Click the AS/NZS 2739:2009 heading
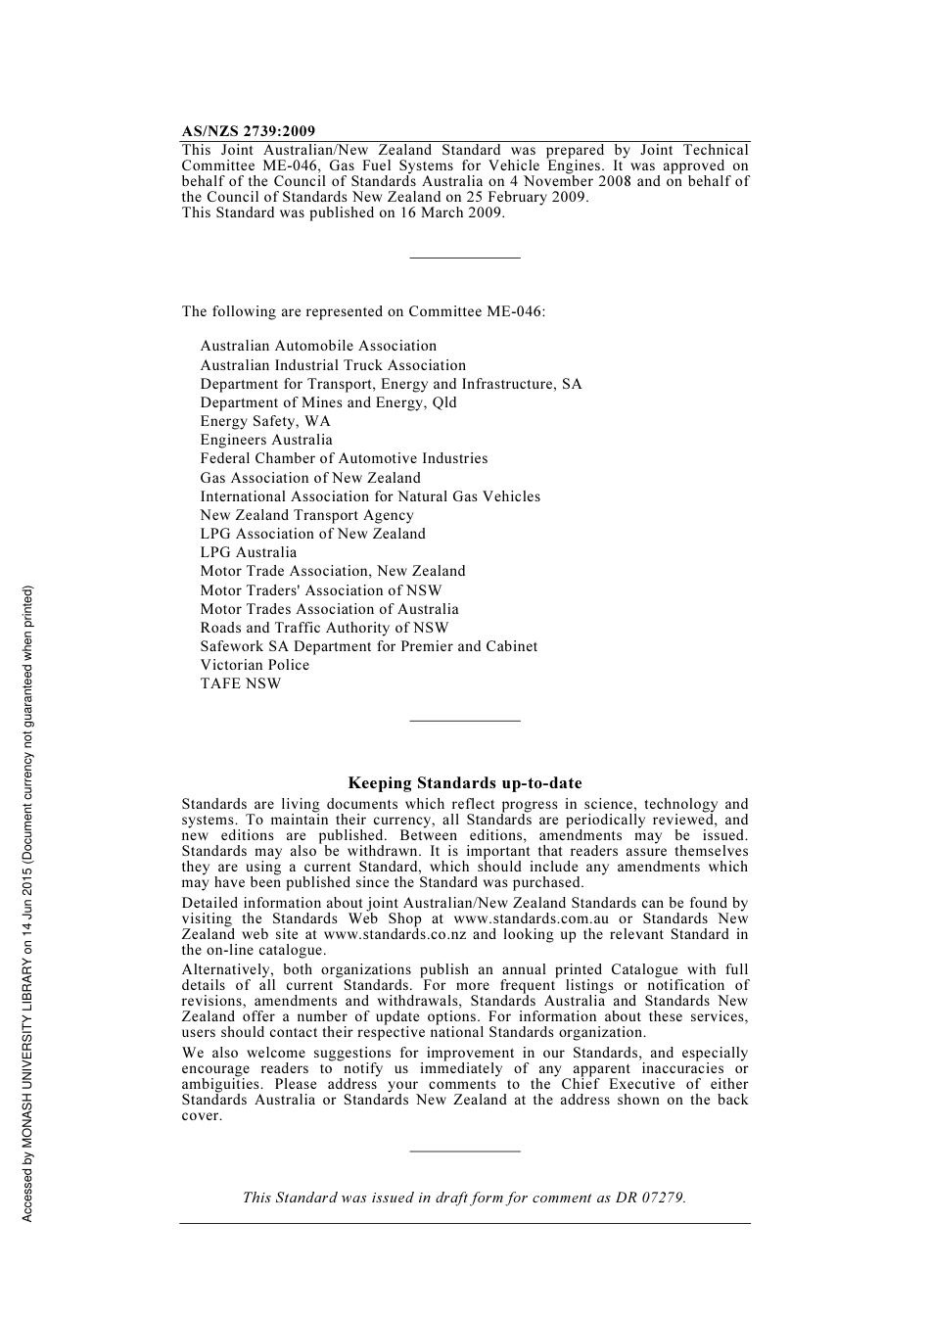(x=248, y=131)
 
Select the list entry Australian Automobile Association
(x=318, y=346)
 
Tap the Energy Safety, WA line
(x=265, y=421)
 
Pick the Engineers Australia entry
(x=266, y=440)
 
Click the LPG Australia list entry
(x=248, y=552)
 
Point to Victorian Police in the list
(x=255, y=665)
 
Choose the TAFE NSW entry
(x=240, y=683)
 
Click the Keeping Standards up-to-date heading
(x=465, y=783)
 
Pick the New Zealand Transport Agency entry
(x=306, y=515)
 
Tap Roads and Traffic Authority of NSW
(x=324, y=628)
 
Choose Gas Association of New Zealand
(x=310, y=478)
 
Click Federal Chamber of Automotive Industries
(x=344, y=458)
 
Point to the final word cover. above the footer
(x=202, y=1115)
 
